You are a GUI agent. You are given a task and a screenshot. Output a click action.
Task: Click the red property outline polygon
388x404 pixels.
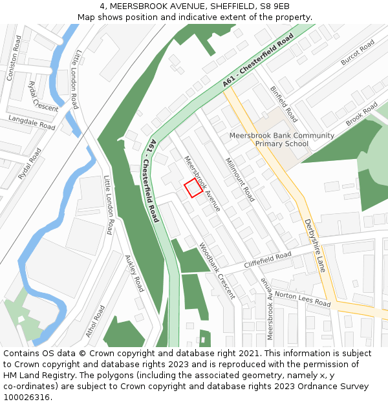coord(193,188)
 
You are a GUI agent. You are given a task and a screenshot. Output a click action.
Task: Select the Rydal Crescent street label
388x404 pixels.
coord(43,96)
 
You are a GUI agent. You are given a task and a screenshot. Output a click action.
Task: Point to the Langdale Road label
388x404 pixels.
coord(32,122)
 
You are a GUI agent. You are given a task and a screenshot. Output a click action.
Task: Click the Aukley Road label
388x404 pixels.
coord(134,273)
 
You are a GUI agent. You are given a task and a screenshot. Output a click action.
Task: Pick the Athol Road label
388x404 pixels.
coord(95,321)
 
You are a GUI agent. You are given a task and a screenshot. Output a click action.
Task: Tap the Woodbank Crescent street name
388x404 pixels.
coord(217,270)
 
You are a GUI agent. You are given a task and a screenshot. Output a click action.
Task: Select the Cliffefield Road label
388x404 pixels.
coord(268,261)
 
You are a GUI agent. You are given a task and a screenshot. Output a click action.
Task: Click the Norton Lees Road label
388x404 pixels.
coord(303,299)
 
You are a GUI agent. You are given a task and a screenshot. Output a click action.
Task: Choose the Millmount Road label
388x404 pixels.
coord(239,179)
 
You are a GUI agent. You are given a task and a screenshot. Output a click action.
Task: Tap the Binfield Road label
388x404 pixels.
coord(283,105)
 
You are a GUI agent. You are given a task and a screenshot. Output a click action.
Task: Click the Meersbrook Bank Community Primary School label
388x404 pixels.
coord(282,140)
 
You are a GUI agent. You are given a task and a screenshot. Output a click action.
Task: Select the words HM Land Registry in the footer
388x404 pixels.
coord(34,376)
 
